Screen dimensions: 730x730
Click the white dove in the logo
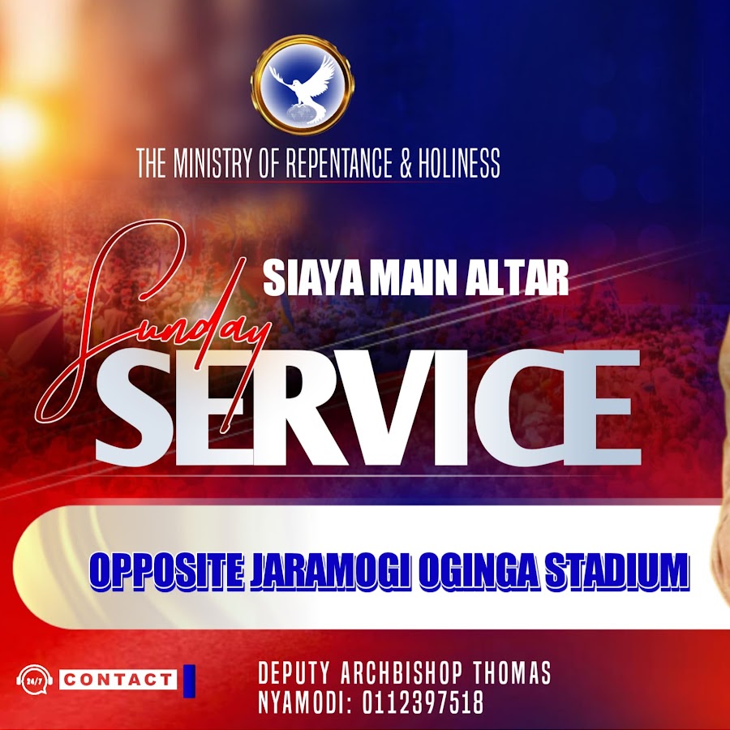pyautogui.click(x=303, y=88)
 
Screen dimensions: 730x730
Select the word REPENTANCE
pyautogui.click(x=338, y=163)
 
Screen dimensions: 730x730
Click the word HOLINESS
pyautogui.click(x=459, y=163)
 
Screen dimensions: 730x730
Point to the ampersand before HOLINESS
pyautogui.click(x=406, y=163)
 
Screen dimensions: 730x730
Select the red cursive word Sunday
pyautogui.click(x=153, y=326)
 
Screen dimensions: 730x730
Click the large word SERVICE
pyautogui.click(x=367, y=408)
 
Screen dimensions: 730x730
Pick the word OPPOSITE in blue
pyautogui.click(x=166, y=571)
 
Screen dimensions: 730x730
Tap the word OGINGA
pyautogui.click(x=478, y=571)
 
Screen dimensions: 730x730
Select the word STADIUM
pyautogui.click(x=616, y=571)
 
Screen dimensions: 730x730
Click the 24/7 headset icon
pyautogui.click(x=34, y=681)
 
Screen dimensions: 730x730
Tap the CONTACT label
pyautogui.click(x=118, y=680)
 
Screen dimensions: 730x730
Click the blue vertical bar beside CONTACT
pyautogui.click(x=189, y=681)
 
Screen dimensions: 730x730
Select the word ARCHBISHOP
pyautogui.click(x=401, y=673)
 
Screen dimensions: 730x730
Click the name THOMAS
pyautogui.click(x=512, y=673)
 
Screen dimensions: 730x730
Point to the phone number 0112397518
pyautogui.click(x=423, y=702)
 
